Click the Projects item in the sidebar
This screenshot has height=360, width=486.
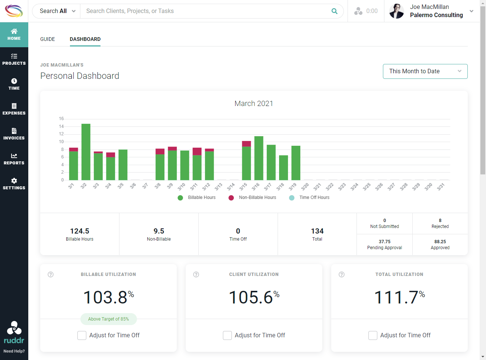[x=14, y=60]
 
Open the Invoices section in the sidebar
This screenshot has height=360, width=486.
[x=14, y=134]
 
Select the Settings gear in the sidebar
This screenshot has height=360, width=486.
[x=14, y=184]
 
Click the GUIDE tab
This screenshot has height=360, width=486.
[x=48, y=39]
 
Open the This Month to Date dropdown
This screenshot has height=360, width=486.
[x=425, y=71]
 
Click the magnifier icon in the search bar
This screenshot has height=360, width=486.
[x=335, y=11]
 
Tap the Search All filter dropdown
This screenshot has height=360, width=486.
[x=57, y=11]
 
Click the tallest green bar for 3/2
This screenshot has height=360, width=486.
[x=86, y=152]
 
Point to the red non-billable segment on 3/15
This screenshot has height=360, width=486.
[x=246, y=144]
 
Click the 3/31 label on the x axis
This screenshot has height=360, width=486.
[x=441, y=186]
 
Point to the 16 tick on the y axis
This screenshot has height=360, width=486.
[x=61, y=119]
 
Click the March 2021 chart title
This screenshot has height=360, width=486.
[x=254, y=103]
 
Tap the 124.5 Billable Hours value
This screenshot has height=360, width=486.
[x=80, y=231]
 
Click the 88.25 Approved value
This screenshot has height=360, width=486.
[x=440, y=242]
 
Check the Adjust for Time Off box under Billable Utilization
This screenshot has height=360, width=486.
[x=82, y=335]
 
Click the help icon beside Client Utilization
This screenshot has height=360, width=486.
[x=196, y=274]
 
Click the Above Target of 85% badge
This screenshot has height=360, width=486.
[x=109, y=319]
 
